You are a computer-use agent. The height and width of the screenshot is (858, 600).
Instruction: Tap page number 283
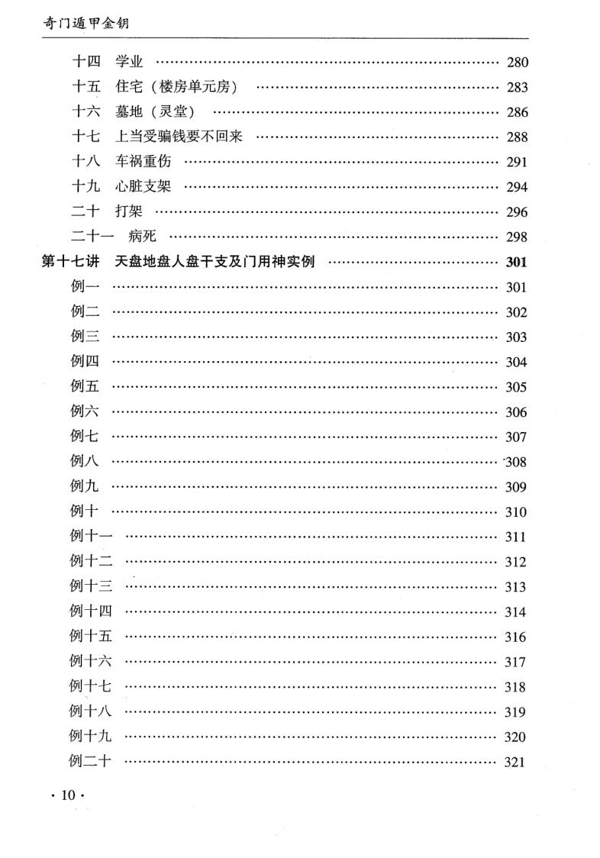click(x=517, y=88)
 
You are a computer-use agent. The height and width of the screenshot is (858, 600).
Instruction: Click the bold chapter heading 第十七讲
click(x=70, y=263)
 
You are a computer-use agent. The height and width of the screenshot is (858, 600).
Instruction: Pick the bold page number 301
click(x=517, y=263)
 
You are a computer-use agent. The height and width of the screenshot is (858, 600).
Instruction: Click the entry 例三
click(x=84, y=337)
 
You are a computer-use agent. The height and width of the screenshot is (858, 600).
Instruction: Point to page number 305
click(x=516, y=387)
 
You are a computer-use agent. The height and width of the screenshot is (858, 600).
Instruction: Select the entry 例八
click(x=84, y=461)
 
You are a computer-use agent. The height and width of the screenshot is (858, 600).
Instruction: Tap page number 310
click(x=516, y=512)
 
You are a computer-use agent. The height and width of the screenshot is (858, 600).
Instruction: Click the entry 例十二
click(x=91, y=562)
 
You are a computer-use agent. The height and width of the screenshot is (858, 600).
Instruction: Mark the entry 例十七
click(x=91, y=686)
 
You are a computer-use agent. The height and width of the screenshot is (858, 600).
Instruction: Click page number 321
click(x=515, y=762)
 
